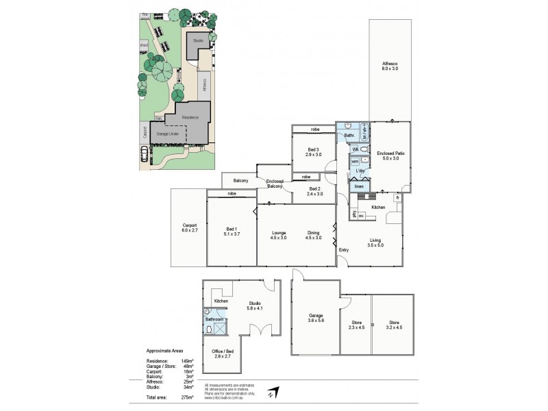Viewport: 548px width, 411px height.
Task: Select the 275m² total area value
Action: [x=187, y=397]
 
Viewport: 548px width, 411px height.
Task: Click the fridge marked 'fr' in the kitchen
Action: [x=397, y=198]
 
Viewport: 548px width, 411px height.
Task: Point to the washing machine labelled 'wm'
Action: [x=355, y=162]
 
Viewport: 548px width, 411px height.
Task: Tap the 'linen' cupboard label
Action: [x=358, y=186]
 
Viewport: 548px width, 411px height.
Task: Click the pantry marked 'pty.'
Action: [x=353, y=215]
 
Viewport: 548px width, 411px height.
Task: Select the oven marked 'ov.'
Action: [x=361, y=218]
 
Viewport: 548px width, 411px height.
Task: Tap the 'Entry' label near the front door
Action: [x=343, y=249]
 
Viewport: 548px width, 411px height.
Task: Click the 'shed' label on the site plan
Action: [x=144, y=45]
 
